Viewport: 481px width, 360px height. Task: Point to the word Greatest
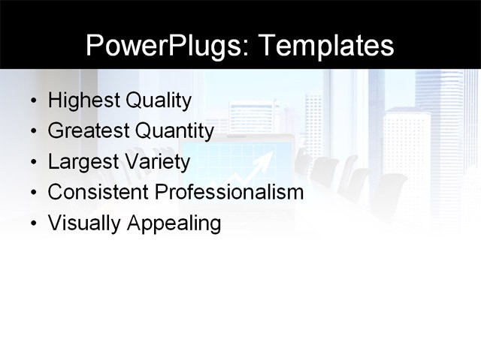pyautogui.click(x=88, y=131)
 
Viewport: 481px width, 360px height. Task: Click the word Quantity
pyautogui.click(x=174, y=131)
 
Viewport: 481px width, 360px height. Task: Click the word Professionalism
pyautogui.click(x=228, y=192)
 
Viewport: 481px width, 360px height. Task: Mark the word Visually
pyautogui.click(x=82, y=223)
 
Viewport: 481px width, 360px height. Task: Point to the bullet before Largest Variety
pyautogui.click(x=31, y=163)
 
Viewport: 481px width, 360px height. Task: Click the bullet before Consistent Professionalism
pyautogui.click(x=31, y=193)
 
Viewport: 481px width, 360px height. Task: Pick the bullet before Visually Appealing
pyautogui.click(x=31, y=224)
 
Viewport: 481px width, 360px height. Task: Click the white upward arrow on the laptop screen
pyautogui.click(x=260, y=164)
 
